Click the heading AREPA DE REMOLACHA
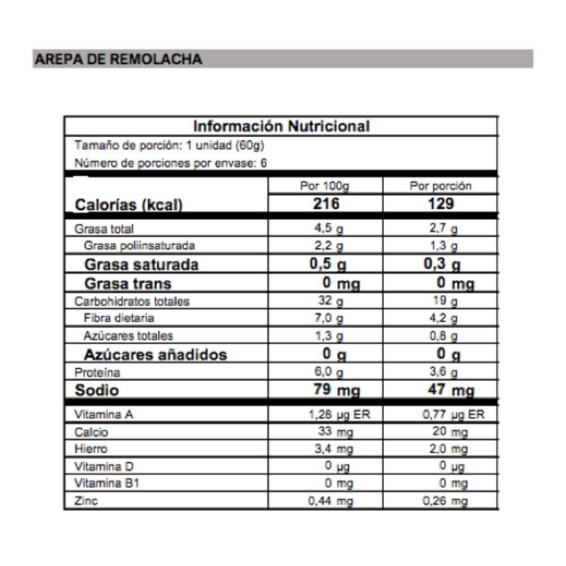(119, 59)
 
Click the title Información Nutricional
(281, 126)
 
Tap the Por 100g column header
(325, 186)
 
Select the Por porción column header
(441, 186)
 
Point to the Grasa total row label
(105, 230)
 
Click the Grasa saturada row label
(141, 265)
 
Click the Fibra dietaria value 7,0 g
(329, 318)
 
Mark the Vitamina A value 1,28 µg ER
(334, 415)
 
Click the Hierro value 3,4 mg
(333, 450)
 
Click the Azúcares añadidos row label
(156, 355)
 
